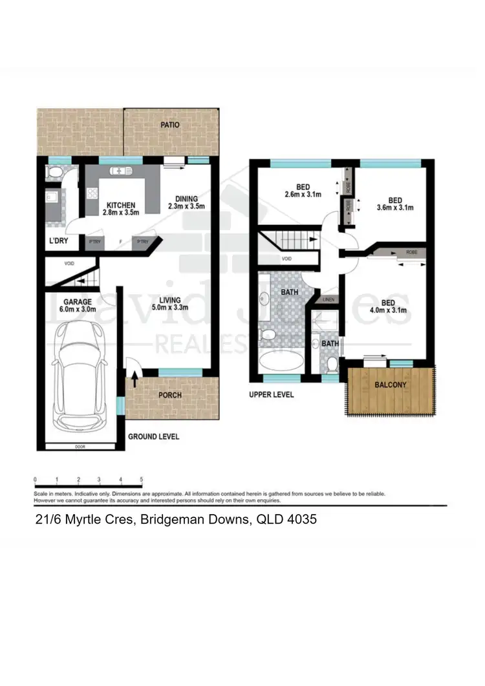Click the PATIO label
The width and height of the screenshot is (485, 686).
point(171,125)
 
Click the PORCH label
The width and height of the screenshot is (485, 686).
point(170,395)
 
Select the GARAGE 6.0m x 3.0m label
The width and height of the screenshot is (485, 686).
point(78,306)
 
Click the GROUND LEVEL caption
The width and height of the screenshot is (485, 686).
point(153,437)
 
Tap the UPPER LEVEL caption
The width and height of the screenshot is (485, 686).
point(271,394)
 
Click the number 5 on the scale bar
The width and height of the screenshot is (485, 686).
point(141,480)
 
